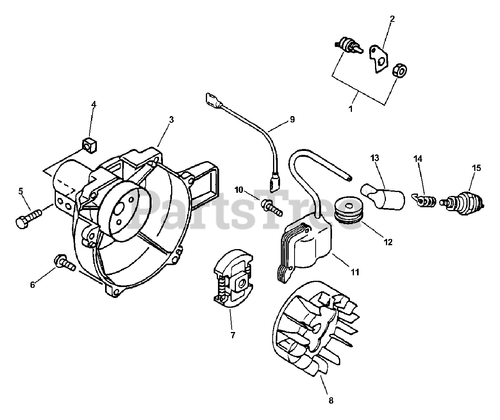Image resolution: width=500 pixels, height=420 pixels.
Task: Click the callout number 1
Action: point(350,109)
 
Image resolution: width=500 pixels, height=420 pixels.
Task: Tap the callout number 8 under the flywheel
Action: point(331,400)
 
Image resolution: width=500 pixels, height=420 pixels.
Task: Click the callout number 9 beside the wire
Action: point(292,120)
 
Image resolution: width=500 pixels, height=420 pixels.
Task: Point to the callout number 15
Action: point(476,168)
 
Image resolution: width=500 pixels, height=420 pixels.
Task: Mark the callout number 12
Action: point(387,242)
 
